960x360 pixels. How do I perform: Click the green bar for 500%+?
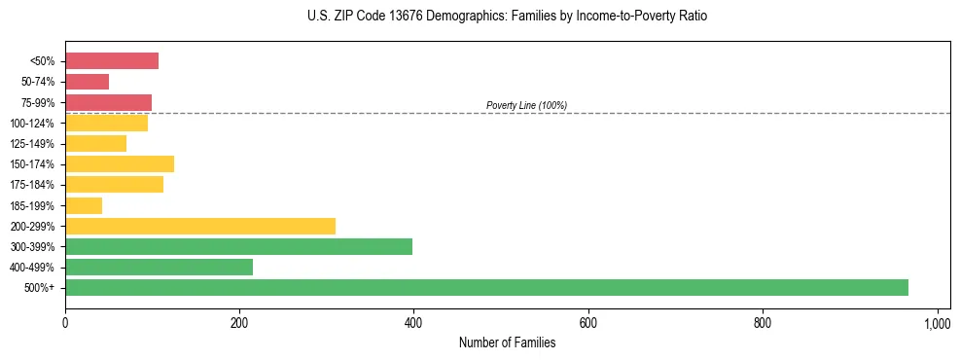486,288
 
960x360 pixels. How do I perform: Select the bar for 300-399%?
238,247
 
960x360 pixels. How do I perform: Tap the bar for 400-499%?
159,268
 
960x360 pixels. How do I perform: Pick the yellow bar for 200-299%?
200,227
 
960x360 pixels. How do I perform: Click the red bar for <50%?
112,61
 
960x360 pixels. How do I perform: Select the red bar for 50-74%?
87,82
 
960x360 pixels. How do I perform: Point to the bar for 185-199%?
84,205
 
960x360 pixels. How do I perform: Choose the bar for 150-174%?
120,164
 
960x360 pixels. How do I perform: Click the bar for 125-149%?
95,144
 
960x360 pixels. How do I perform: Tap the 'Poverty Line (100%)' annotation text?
526,105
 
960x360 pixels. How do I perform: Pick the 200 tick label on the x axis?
239,322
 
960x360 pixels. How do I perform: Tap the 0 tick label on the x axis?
65,322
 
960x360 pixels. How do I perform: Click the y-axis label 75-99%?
38,103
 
